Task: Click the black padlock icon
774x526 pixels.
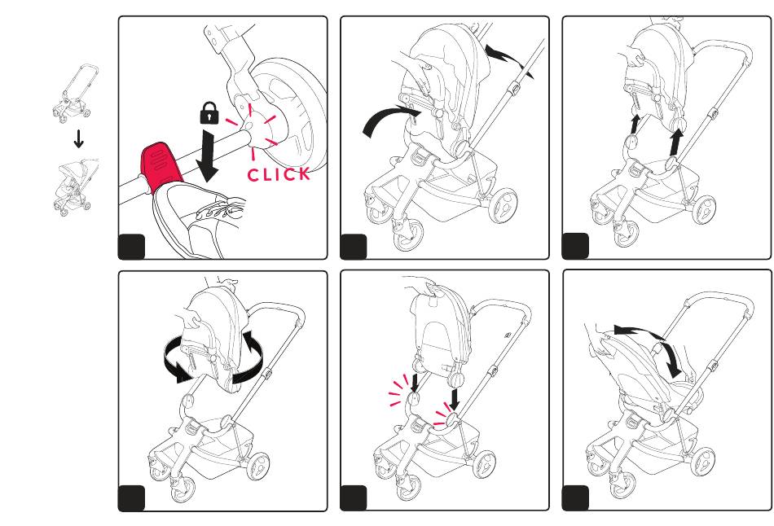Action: coord(209,112)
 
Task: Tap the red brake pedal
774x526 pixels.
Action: coord(161,167)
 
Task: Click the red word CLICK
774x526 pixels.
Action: coord(279,174)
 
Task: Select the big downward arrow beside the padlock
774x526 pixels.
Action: coord(208,156)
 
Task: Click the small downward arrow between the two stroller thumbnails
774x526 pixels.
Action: coord(78,138)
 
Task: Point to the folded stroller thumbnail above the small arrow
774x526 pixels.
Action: coord(73,92)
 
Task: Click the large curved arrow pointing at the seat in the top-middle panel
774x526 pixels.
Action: coord(390,117)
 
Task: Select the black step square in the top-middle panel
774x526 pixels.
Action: coord(354,246)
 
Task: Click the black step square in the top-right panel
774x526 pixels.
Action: coord(575,246)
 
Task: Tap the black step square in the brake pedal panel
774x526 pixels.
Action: coord(131,247)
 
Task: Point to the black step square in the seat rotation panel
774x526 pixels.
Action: coord(131,498)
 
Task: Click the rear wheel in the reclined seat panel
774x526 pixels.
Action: coord(702,462)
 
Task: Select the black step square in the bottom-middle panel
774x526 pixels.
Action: coord(354,498)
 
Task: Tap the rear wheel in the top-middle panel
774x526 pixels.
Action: coord(503,204)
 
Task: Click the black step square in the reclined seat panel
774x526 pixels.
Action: coord(575,498)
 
